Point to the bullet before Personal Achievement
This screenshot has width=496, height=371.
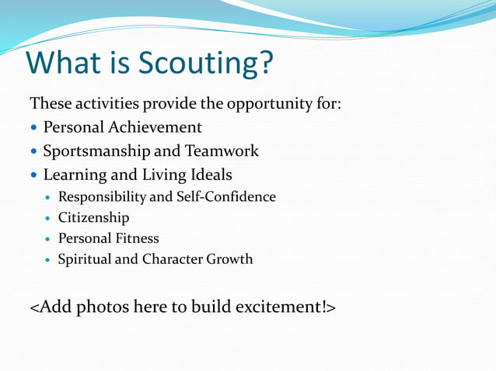click(34, 127)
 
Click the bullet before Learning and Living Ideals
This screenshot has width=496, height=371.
click(34, 175)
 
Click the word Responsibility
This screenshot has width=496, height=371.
click(103, 197)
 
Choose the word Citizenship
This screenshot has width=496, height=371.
click(93, 218)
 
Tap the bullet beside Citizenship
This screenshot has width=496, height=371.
click(49, 219)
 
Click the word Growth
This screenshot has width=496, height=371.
click(229, 259)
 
